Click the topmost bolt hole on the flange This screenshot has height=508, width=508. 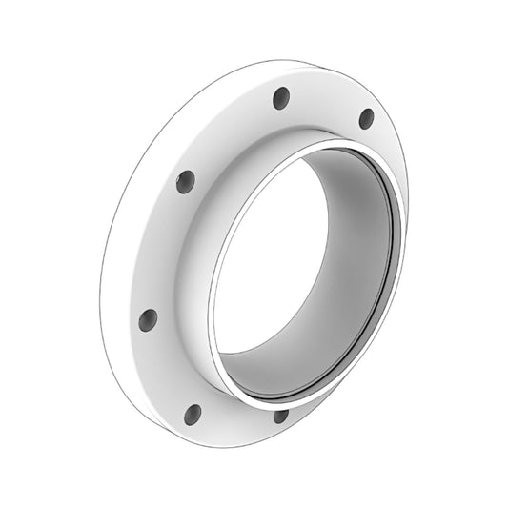click(x=281, y=97)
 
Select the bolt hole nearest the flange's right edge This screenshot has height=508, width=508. click(x=366, y=118)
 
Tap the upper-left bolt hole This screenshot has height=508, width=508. click(x=186, y=181)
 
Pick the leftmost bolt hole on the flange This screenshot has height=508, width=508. click(x=148, y=319)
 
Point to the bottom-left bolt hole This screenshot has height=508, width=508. click(x=193, y=414)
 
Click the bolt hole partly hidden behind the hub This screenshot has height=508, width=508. click(x=280, y=416)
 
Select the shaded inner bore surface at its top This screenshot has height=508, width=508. click(x=353, y=176)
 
